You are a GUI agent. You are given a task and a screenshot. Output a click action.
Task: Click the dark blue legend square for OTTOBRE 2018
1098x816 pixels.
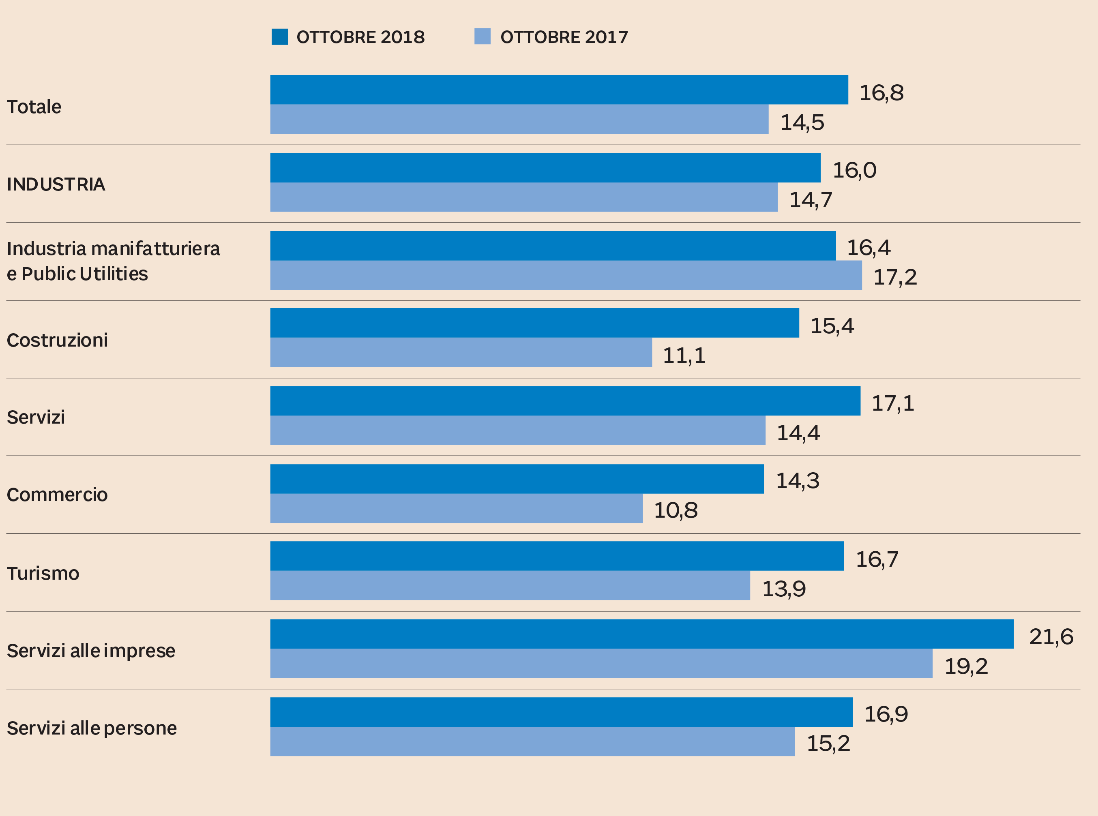pos(279,36)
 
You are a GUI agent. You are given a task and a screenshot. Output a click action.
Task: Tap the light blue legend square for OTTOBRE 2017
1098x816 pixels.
pos(482,36)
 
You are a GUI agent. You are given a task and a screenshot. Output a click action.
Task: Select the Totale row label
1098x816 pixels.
pos(34,107)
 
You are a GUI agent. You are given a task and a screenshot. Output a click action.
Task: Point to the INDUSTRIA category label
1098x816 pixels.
pos(56,184)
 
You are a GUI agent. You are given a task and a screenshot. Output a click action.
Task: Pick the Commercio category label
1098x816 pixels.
pos(57,495)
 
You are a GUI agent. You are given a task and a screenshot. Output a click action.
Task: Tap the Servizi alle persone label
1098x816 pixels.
pos(92,728)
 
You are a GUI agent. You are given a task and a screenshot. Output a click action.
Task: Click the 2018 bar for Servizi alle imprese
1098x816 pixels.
pos(641,634)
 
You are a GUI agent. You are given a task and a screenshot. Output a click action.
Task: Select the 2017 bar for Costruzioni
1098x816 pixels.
pos(461,352)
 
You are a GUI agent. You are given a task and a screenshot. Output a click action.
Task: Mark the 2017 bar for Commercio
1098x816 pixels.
pos(457,508)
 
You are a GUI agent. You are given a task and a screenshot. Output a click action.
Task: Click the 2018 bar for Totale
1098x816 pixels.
pos(559,90)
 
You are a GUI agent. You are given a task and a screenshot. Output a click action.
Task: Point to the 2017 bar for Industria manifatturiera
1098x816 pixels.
pos(566,275)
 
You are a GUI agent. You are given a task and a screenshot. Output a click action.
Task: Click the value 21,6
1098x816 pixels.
pos(1051,637)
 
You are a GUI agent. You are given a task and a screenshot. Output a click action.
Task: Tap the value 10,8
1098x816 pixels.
pos(676,510)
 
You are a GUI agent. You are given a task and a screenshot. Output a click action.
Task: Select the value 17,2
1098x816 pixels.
pos(895,277)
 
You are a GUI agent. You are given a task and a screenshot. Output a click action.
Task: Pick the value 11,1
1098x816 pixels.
pos(684,355)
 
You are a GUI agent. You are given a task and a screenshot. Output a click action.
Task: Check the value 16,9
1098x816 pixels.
pos(886,714)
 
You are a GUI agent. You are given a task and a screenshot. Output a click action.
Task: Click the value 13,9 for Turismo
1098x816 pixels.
pos(784,588)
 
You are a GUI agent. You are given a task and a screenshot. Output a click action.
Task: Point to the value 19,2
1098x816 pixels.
pos(966,666)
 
